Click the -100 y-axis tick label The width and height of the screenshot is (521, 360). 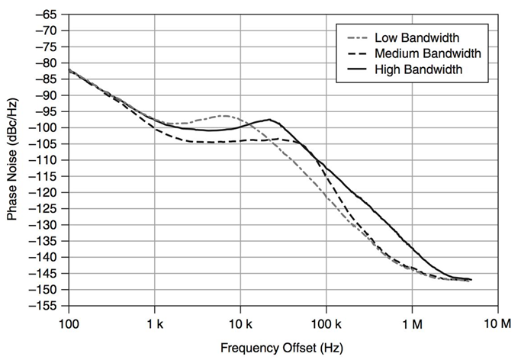click(x=47, y=127)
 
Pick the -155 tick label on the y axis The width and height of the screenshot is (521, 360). click(x=47, y=306)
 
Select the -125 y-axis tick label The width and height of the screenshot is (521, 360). click(x=47, y=208)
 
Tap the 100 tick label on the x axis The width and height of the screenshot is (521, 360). click(x=69, y=322)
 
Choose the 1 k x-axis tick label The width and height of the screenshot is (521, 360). click(x=155, y=322)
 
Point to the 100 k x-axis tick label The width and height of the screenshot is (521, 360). click(x=326, y=322)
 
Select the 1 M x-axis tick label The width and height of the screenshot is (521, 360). click(x=413, y=322)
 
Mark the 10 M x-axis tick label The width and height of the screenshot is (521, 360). click(x=498, y=322)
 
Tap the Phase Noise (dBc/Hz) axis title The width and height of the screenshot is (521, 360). click(x=13, y=161)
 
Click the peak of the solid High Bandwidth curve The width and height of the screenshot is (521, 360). click(x=269, y=120)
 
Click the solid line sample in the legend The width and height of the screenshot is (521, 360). click(x=355, y=69)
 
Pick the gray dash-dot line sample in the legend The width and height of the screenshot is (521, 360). click(x=355, y=37)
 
